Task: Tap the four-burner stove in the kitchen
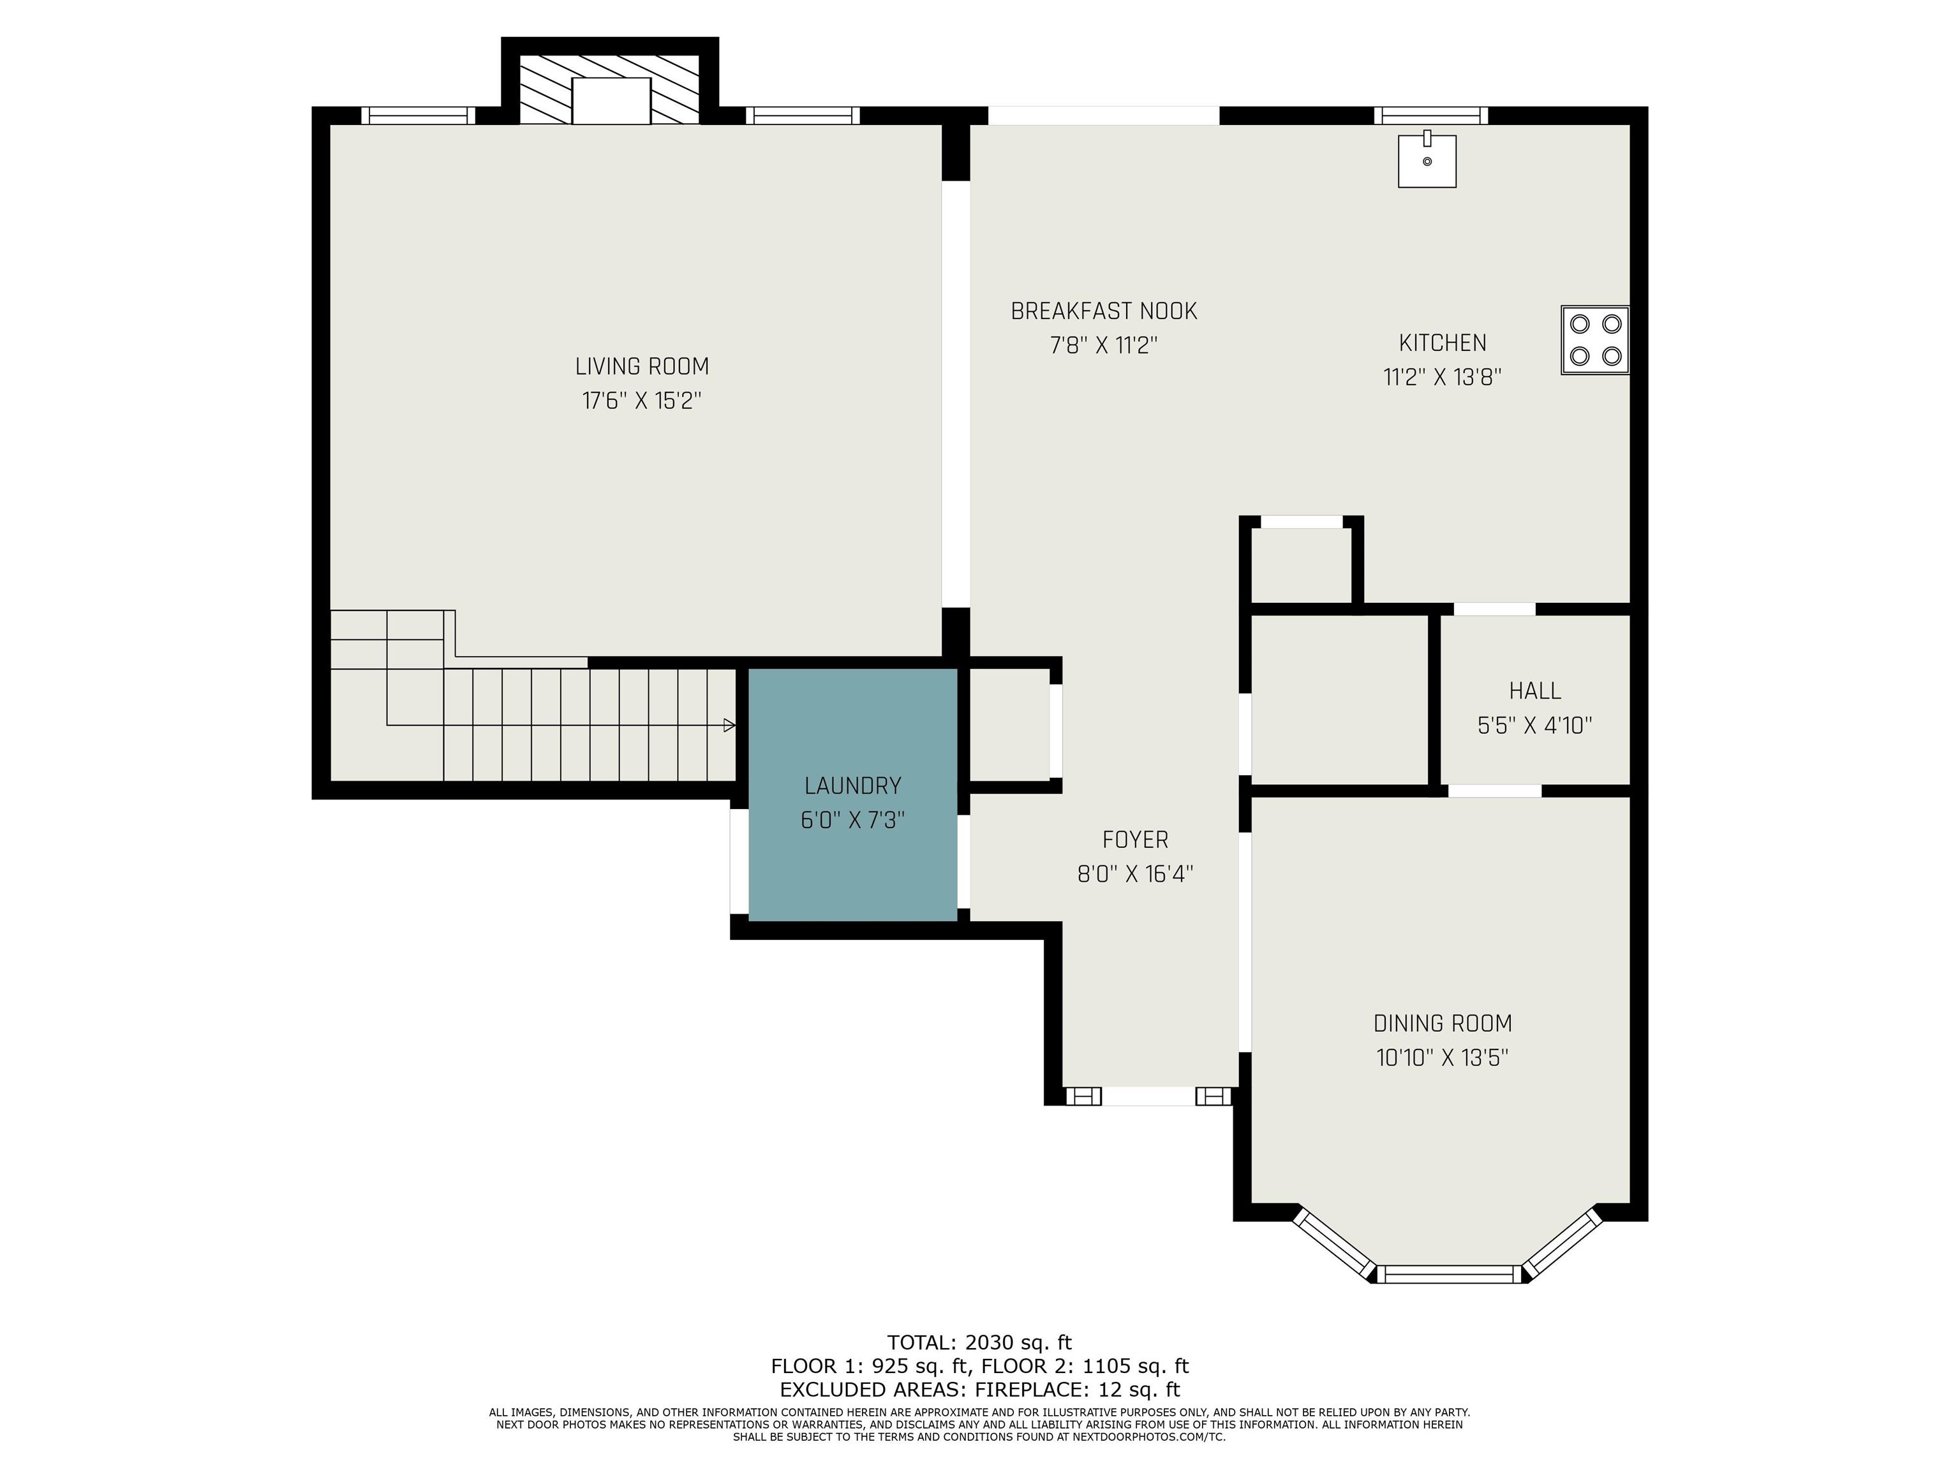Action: click(x=1595, y=340)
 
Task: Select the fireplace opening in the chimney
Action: click(x=611, y=100)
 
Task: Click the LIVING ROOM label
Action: click(x=642, y=366)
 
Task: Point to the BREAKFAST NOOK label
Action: click(x=1104, y=311)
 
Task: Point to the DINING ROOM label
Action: click(x=1443, y=1023)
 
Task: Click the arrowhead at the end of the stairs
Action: click(x=729, y=725)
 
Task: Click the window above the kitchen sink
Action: click(x=1431, y=115)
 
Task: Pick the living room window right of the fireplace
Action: click(x=803, y=115)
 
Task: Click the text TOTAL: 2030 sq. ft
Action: click(x=980, y=1342)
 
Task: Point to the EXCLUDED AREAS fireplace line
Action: click(x=980, y=1390)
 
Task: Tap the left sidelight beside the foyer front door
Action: click(x=1083, y=1096)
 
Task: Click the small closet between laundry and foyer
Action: click(x=1009, y=725)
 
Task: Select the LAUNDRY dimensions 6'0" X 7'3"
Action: click(x=852, y=820)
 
